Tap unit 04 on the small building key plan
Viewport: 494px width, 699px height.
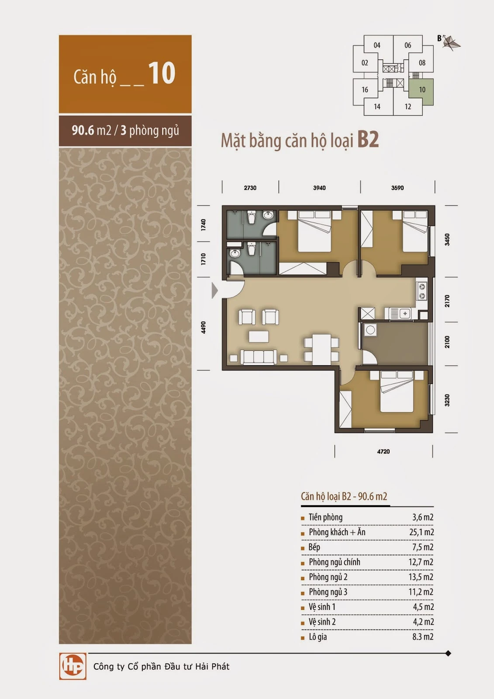pos(377,45)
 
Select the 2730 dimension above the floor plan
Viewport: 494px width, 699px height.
pos(250,188)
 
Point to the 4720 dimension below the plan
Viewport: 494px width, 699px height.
pos(383,452)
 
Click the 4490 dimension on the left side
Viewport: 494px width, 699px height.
pos(204,327)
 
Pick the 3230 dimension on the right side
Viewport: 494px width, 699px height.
pos(447,400)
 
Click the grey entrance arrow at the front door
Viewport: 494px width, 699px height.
pos(215,291)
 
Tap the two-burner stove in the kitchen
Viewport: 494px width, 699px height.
pos(421,291)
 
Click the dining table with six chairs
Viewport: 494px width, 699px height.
pos(322,349)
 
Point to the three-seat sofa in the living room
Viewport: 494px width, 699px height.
pos(259,357)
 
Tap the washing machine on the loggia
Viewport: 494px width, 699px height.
pos(370,330)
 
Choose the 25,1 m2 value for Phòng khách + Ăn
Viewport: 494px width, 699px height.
pos(421,532)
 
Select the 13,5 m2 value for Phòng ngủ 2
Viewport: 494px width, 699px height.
pos(421,577)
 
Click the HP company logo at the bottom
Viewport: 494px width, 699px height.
pos(73,666)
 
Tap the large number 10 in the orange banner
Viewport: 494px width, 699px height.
pos(162,73)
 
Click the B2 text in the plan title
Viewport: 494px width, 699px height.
pos(368,139)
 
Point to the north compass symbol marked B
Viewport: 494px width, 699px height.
pos(450,42)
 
